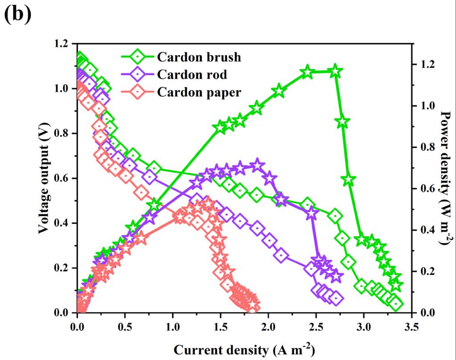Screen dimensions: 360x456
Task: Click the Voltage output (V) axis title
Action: click(x=43, y=178)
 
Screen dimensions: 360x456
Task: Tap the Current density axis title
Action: click(x=245, y=350)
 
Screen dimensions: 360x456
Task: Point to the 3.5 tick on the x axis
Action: click(x=411, y=328)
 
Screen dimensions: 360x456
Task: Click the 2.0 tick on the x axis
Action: click(x=268, y=328)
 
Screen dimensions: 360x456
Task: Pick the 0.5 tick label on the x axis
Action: click(x=125, y=328)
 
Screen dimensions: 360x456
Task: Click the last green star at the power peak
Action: click(x=336, y=71)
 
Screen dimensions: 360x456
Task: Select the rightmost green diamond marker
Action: click(x=396, y=304)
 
